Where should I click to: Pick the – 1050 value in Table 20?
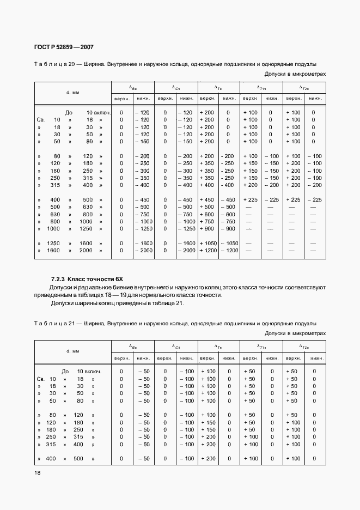(229, 243)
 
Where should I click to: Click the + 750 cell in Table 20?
(208, 222)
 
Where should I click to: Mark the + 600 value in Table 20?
(208, 215)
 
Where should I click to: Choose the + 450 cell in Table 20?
(208, 200)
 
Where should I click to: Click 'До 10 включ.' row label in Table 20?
(88, 112)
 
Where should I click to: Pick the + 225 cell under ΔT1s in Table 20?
(250, 200)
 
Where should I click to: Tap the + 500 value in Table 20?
(208, 207)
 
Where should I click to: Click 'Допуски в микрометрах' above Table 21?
(295, 333)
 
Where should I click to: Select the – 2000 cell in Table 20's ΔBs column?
(143, 251)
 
